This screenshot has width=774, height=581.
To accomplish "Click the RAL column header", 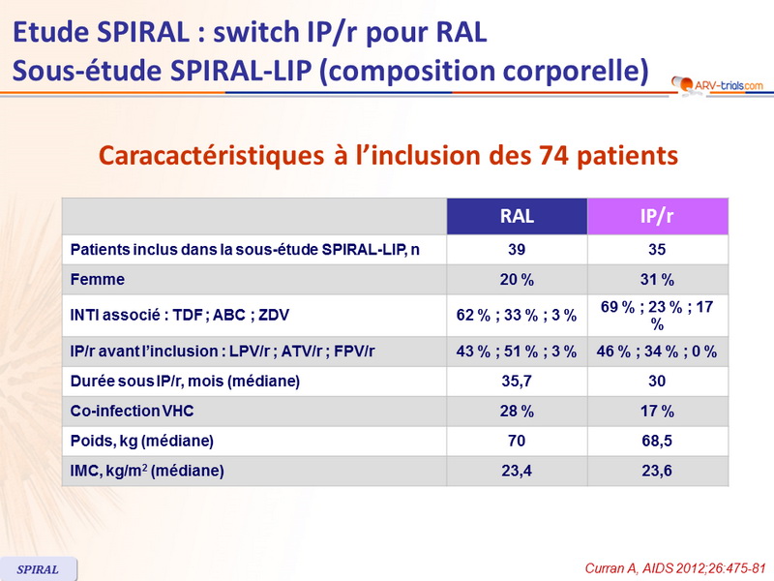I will coord(516,217).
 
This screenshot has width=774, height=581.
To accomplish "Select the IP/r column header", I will coord(658,217).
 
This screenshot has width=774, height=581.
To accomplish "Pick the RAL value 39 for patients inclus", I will coord(516,250).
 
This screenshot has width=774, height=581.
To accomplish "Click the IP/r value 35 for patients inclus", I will coord(658,250).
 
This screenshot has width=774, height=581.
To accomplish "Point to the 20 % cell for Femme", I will coord(516,280).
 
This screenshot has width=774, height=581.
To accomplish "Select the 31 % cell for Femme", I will coord(658,280).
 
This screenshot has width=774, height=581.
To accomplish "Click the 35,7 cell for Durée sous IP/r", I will coord(516,381).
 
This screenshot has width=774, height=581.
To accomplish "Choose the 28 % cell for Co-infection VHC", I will coord(516,412).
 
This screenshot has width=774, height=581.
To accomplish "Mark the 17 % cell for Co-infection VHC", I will coord(658,412).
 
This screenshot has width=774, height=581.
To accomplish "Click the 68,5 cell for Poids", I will coord(658,442).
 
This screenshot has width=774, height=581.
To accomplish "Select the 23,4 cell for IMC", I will coord(516,472).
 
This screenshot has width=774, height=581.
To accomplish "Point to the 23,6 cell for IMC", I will coord(658,472).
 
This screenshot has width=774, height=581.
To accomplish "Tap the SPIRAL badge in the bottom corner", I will coord(39,569).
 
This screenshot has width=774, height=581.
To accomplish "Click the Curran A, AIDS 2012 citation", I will coord(669,568).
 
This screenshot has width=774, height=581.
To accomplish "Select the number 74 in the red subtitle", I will coord(538,154).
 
